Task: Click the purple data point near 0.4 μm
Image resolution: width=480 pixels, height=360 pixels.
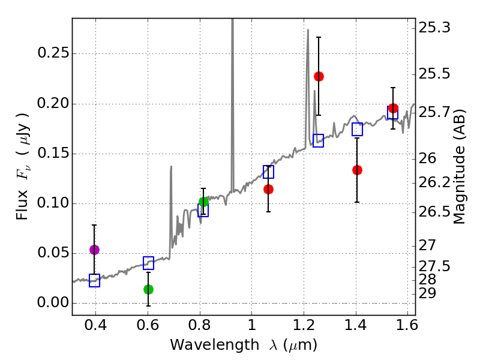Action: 94,250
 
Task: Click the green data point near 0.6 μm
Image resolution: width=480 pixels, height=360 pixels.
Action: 149,289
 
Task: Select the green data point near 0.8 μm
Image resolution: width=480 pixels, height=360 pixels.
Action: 203,202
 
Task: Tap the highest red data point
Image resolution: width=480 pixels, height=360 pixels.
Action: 319,76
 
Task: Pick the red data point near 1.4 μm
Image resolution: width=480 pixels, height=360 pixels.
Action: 357,170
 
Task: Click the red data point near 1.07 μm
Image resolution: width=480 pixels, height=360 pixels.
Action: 268,189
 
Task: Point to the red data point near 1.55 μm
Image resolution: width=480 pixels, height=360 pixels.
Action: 393,109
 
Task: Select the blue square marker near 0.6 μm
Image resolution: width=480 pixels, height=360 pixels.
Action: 149,263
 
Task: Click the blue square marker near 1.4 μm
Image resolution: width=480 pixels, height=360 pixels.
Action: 358,129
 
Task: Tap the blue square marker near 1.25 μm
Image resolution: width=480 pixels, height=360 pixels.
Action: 318,140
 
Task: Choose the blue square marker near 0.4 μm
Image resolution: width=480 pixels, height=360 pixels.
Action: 94,280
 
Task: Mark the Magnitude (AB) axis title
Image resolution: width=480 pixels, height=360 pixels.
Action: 460,166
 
